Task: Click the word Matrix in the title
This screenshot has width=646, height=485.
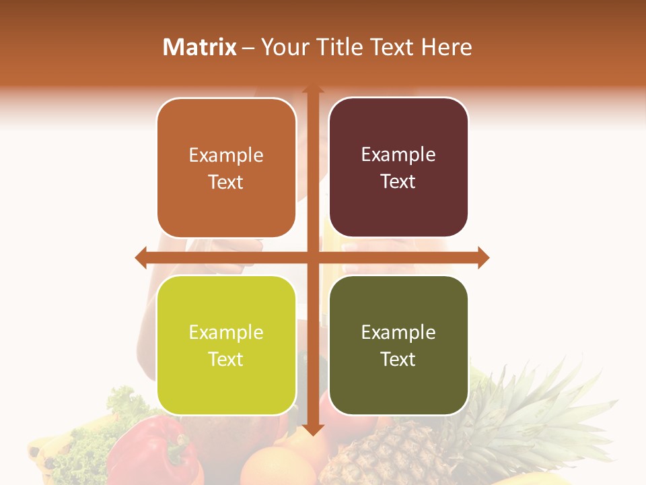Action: (200, 47)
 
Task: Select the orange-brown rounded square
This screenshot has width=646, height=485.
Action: (226, 168)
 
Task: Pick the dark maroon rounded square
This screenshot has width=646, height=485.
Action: (398, 168)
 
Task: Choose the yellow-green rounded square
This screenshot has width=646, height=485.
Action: (226, 345)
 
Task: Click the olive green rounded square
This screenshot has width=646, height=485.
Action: (398, 345)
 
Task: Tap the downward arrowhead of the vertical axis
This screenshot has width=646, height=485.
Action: (312, 429)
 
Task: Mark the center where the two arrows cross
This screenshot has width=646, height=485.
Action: (312, 257)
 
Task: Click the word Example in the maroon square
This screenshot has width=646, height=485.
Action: (398, 155)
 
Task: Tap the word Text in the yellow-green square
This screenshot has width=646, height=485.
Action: (226, 359)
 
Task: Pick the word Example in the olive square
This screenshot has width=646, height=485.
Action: (398, 332)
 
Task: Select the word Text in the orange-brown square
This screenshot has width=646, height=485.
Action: (226, 182)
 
